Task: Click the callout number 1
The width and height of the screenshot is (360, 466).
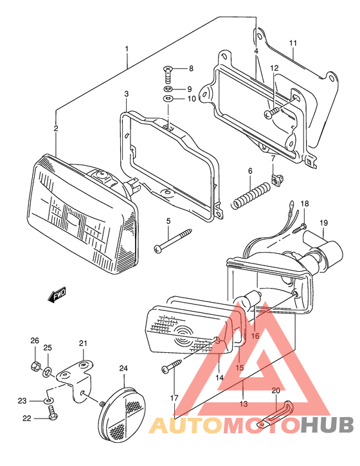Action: click(x=127, y=49)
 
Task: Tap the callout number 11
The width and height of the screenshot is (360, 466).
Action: click(x=292, y=43)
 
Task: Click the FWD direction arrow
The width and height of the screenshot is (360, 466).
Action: click(x=57, y=295)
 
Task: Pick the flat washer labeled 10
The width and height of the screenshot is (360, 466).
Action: click(x=167, y=99)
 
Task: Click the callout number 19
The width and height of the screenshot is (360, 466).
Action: click(x=324, y=223)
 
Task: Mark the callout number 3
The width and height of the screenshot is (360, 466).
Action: click(x=127, y=94)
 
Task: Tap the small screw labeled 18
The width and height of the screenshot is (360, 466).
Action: click(x=299, y=227)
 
